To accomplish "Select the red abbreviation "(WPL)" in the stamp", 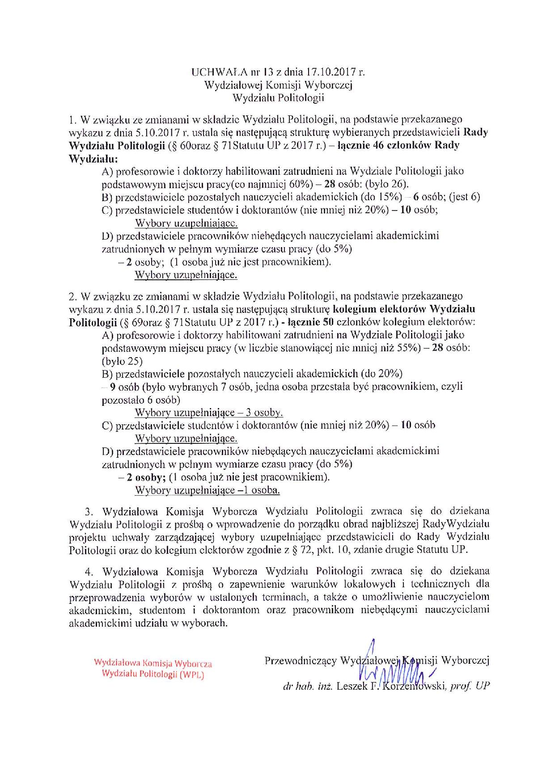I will tap(192, 675).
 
